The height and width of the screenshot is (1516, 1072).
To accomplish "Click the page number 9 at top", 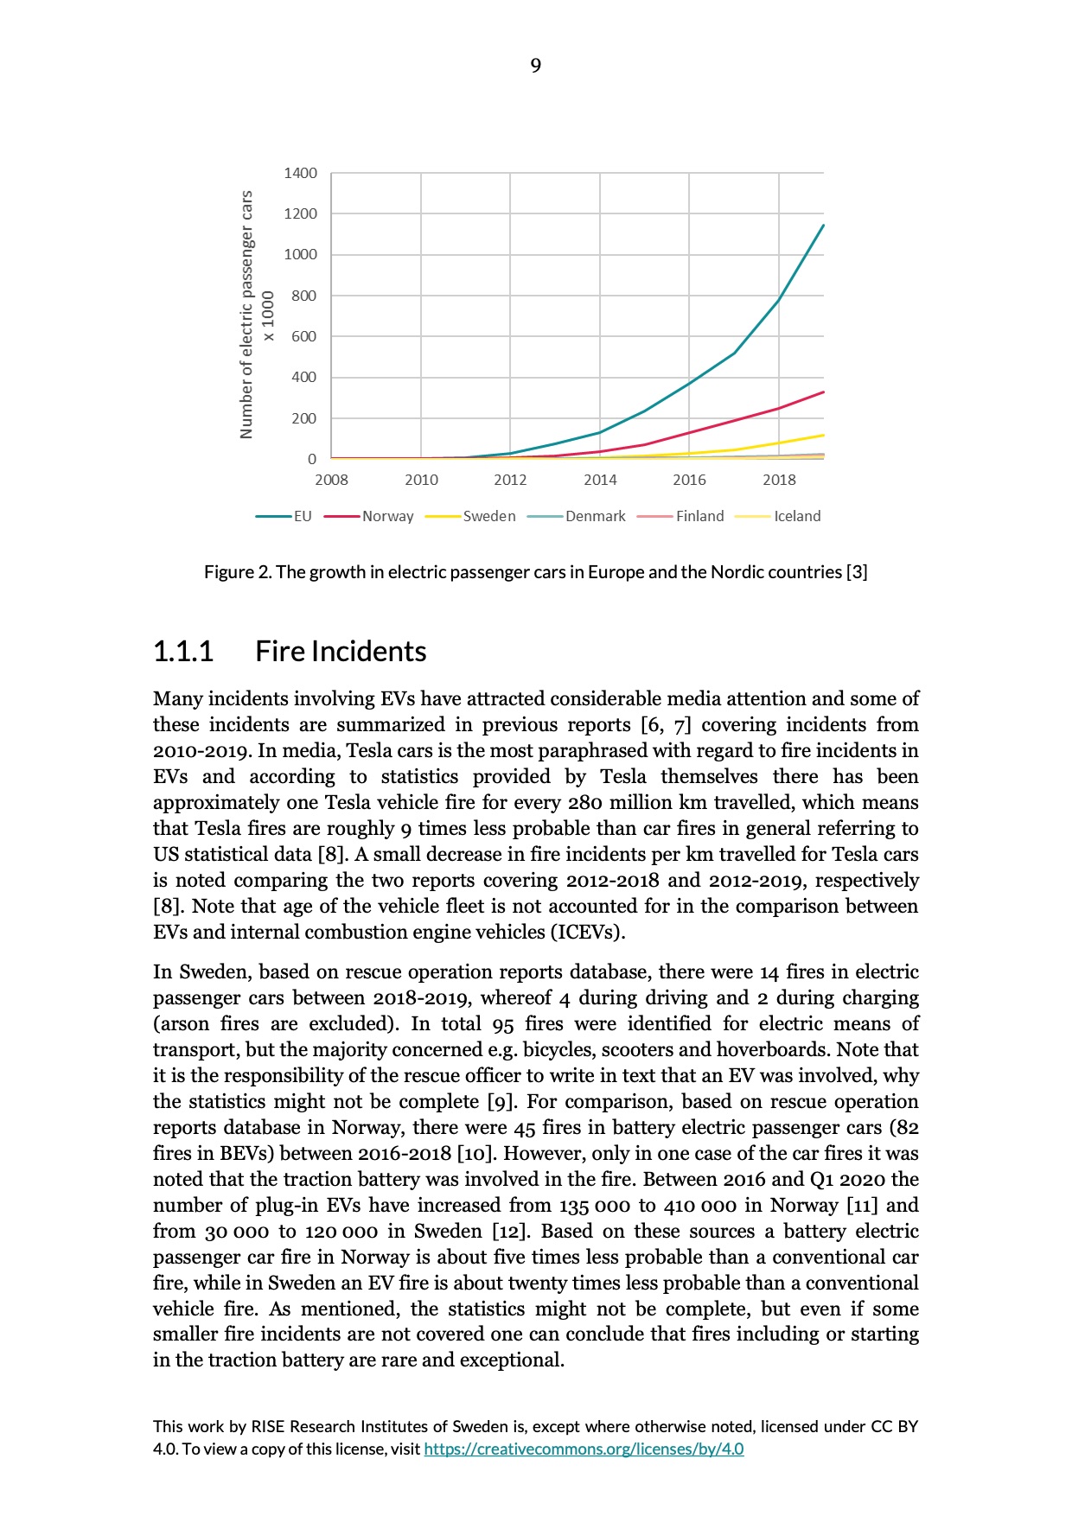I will pyautogui.click(x=535, y=66).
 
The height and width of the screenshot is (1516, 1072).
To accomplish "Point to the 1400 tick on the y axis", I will pyautogui.click(x=300, y=173).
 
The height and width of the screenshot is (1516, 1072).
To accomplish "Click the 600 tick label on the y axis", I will pyautogui.click(x=303, y=336).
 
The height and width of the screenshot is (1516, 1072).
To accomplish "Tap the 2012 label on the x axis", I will pyautogui.click(x=510, y=480).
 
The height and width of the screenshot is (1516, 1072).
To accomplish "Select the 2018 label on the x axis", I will pyautogui.click(x=779, y=480).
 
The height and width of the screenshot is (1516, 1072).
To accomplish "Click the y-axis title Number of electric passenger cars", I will pyautogui.click(x=247, y=315).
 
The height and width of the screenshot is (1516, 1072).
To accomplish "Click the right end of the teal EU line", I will pyautogui.click(x=823, y=226).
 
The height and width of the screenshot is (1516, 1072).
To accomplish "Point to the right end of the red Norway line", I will pyautogui.click(x=823, y=392).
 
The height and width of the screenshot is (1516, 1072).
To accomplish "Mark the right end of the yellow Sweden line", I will pyautogui.click(x=823, y=435).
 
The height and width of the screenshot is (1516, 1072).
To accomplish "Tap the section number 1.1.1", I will pyautogui.click(x=182, y=651).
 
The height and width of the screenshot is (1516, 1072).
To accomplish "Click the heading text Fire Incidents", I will pyautogui.click(x=341, y=651).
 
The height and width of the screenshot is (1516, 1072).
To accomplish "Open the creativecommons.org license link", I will pyautogui.click(x=584, y=1449).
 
